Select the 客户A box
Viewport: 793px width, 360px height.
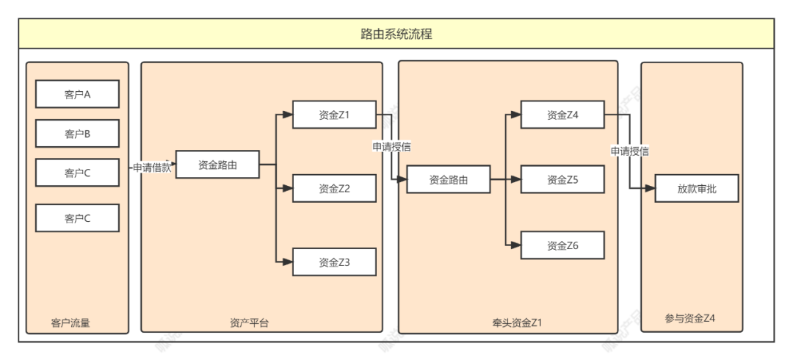pos(77,95)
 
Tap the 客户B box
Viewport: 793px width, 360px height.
pos(77,134)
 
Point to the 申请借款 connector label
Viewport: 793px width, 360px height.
pos(152,167)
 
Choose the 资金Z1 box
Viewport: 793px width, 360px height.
pos(334,115)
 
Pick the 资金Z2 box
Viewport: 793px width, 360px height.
pos(334,188)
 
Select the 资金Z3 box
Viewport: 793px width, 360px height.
pos(334,262)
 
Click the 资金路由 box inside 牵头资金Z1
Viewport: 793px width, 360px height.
pos(448,179)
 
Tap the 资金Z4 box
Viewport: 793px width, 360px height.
pos(562,115)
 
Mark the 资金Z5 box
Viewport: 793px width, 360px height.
pos(562,179)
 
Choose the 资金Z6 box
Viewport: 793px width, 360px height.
pos(562,245)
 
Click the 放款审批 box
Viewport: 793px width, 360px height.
pos(696,189)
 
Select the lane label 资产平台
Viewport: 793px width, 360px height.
pos(249,323)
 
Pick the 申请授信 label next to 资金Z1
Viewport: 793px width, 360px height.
pos(391,147)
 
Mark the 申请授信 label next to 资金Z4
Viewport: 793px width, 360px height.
pos(629,151)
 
